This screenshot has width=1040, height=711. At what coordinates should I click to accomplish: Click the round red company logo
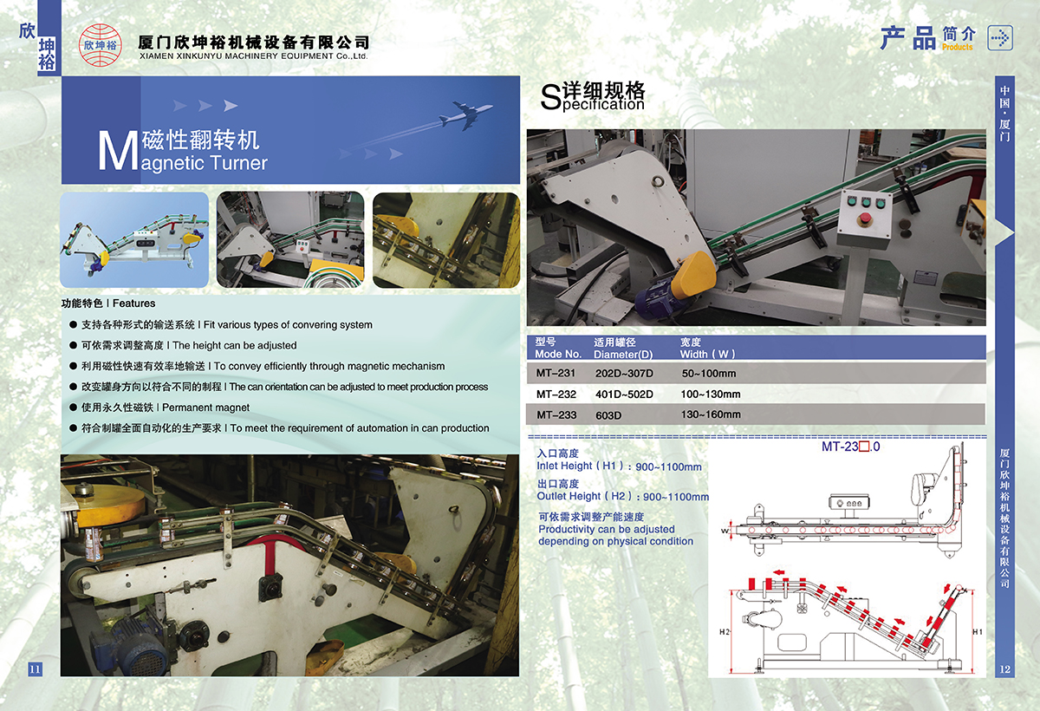point(101,44)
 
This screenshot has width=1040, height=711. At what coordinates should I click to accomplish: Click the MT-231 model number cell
point(556,373)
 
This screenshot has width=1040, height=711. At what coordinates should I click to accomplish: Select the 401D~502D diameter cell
point(624,395)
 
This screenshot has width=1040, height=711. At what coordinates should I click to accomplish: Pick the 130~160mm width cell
point(711,414)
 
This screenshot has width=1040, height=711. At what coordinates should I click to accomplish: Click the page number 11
point(35,669)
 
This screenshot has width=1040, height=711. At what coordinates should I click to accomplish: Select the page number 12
point(1004,669)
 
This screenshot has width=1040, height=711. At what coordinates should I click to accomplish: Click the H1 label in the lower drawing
point(978,631)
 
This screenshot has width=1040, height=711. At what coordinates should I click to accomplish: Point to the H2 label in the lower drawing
point(725,631)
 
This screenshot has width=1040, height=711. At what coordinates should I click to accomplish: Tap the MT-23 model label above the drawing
point(850,447)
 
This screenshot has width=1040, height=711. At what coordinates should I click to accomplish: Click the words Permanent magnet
point(205,408)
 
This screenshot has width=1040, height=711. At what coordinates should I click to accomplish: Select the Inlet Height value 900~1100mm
point(668,466)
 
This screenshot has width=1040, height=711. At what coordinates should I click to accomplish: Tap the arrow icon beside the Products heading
point(999,38)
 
